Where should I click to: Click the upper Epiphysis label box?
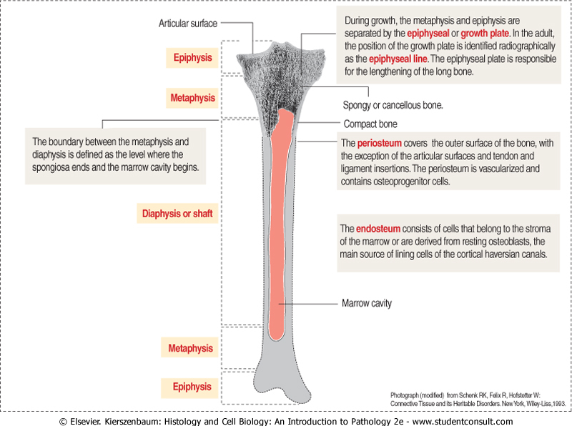[192, 57]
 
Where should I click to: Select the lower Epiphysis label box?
[192, 387]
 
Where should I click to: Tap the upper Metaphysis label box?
[192, 96]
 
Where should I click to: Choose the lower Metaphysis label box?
[191, 348]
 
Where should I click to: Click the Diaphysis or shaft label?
[177, 213]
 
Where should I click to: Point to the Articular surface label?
[188, 24]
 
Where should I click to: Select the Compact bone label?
[370, 124]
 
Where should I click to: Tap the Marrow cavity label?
[367, 303]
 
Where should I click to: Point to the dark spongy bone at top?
[275, 79]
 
